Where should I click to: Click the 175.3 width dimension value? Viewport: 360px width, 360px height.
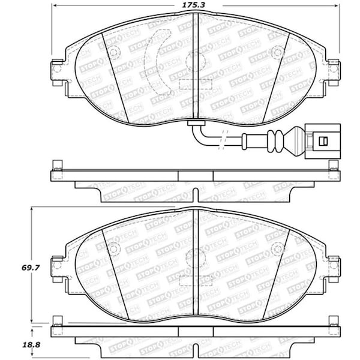tap(193, 5)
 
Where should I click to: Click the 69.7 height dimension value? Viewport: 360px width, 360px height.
tap(31, 268)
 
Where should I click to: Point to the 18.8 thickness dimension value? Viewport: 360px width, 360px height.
tap(31, 344)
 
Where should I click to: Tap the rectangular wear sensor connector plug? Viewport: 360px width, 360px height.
tap(323, 141)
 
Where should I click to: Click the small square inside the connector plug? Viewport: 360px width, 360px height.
tap(323, 141)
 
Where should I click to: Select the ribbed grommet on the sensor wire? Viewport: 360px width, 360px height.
tap(275, 141)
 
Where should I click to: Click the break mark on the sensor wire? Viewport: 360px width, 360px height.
tap(223, 140)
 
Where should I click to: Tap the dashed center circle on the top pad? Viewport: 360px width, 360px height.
tap(196, 62)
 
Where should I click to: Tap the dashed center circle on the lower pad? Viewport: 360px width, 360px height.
tap(196, 259)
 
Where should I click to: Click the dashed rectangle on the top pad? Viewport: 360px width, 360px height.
tap(196, 84)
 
